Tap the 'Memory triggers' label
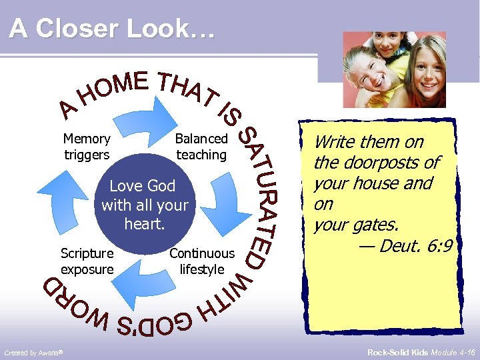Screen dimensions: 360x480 click(x=87, y=147)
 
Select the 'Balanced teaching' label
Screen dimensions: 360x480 click(x=201, y=147)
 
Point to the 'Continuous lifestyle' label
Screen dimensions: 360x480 click(x=202, y=261)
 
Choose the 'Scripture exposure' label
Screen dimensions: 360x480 click(x=87, y=261)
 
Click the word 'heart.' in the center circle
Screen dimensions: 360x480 click(x=144, y=224)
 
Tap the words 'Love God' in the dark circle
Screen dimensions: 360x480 click(x=143, y=186)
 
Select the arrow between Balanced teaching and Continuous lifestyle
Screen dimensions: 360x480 click(x=220, y=200)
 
